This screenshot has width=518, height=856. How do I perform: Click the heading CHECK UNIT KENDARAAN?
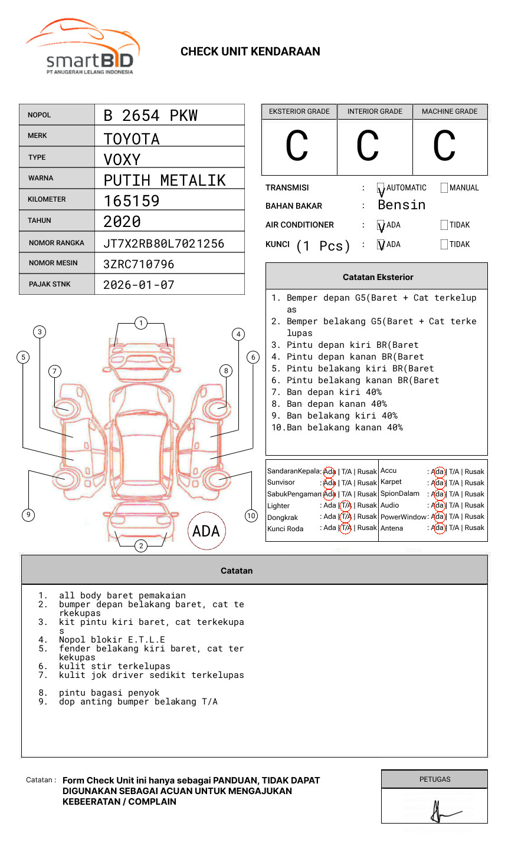coord(250,52)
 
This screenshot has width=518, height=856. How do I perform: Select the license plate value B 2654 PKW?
coord(150,116)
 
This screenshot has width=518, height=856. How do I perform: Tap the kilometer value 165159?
coord(132,201)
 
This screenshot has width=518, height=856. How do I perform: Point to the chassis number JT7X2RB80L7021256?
coord(163,243)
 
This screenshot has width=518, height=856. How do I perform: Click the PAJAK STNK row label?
coord(49,284)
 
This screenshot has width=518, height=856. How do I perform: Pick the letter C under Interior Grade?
coord(368,147)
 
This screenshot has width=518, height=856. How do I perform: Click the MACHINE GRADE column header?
coord(450,111)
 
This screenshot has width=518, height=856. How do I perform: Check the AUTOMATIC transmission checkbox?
coord(381,188)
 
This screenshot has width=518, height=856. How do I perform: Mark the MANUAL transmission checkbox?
coord(444,188)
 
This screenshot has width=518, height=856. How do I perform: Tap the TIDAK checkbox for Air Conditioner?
coord(444,225)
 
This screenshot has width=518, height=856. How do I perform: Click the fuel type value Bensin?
coord(401,205)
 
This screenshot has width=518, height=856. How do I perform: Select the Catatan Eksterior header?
coord(378,277)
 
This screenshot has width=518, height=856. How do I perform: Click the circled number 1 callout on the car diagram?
coord(140,322)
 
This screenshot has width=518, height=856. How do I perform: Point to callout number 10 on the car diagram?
coord(251,516)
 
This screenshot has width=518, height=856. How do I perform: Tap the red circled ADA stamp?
coord(206,531)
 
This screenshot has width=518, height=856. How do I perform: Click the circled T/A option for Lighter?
coord(346,505)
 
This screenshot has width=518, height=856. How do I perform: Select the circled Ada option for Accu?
coord(438,472)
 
